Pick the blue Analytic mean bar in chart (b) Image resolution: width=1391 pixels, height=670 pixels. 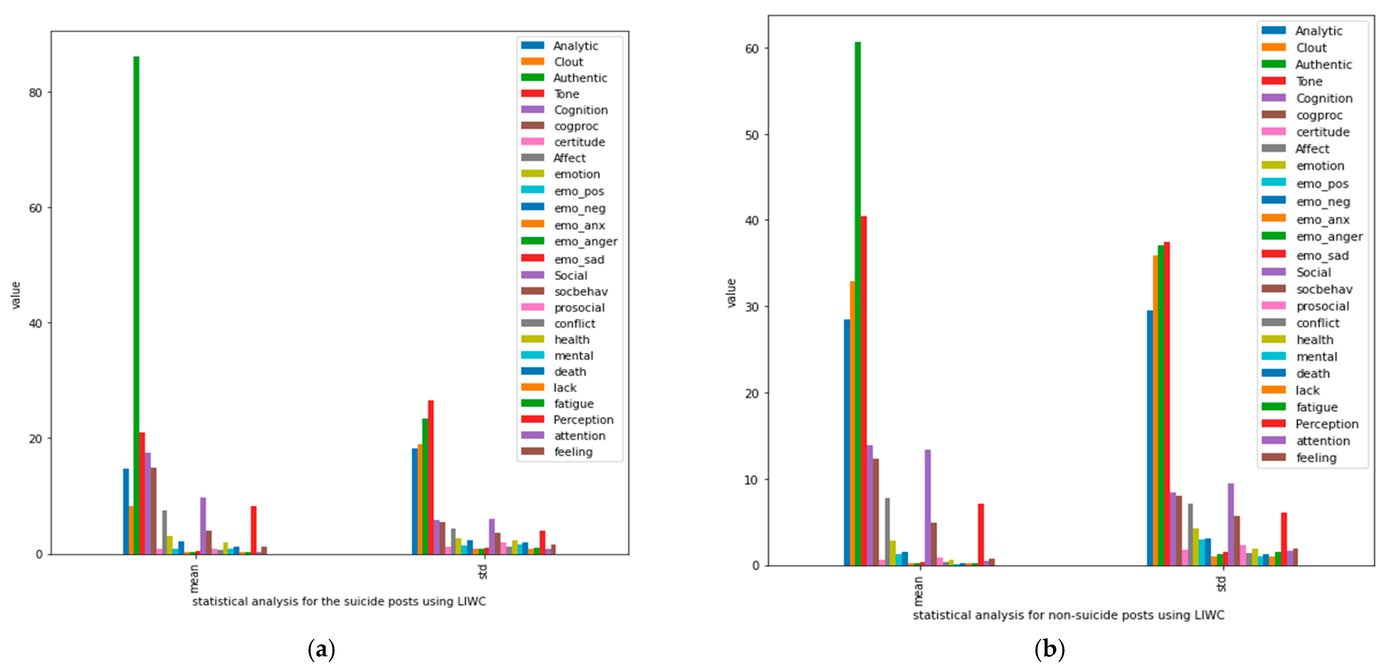[x=847, y=442]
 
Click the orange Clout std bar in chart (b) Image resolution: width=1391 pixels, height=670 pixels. [x=1155, y=410]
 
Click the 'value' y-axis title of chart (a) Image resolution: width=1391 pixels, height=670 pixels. [x=16, y=295]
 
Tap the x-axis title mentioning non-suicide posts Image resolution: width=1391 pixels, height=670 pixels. [x=1068, y=615]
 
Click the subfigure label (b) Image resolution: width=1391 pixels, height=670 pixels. [x=1049, y=649]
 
